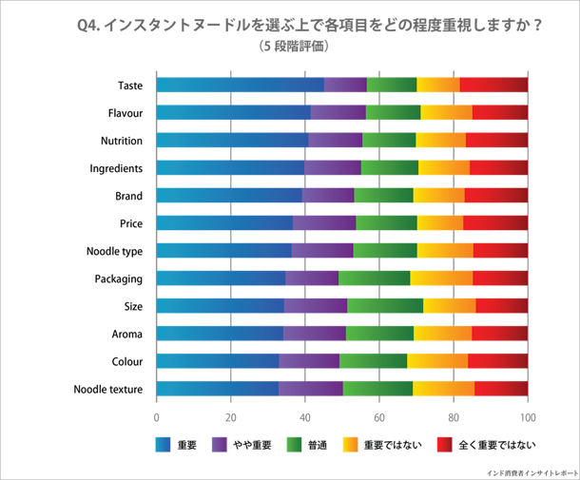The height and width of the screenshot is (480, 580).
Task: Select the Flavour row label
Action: pos(127,113)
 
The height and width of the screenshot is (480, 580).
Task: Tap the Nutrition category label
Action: pos(126,141)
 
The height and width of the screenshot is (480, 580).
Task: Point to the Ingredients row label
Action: pos(123,168)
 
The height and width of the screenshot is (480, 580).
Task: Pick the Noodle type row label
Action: pos(120,251)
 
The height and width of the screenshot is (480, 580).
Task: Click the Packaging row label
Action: pos(121,278)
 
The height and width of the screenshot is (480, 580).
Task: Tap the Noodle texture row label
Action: pos(111,389)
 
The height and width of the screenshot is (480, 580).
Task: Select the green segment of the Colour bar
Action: pos(373,361)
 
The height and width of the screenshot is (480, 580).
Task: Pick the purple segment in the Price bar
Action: pos(323,223)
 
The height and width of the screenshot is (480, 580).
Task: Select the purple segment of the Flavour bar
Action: pos(338,113)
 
